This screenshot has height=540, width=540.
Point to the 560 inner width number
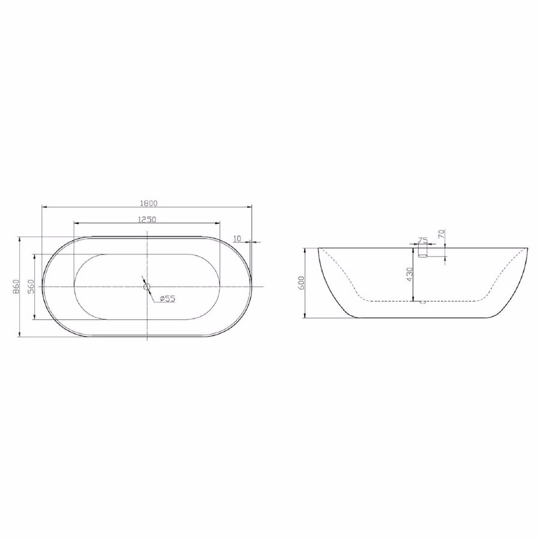coord(31,286)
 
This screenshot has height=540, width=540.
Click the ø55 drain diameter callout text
coord(167,299)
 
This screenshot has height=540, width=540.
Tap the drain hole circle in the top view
coord(146,287)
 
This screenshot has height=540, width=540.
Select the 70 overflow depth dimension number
coord(441,235)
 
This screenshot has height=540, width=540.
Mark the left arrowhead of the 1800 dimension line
coord(43,207)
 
